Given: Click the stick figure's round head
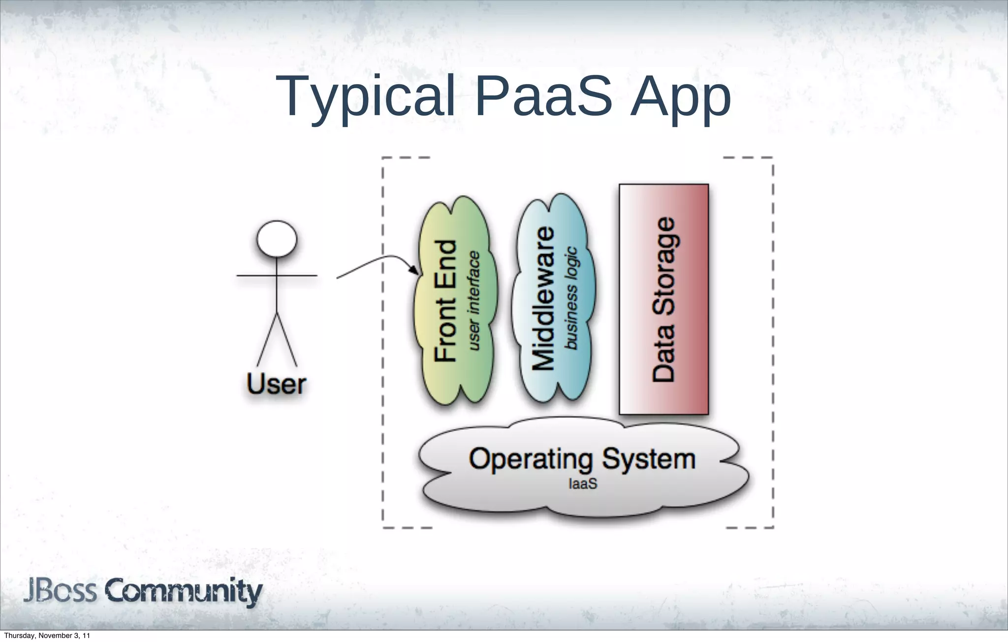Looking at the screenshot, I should click(277, 239).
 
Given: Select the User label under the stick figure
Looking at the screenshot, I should click(276, 385).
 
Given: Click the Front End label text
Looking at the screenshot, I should click(446, 301).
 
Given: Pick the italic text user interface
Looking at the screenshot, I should click(473, 301).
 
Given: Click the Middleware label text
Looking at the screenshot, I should click(544, 298).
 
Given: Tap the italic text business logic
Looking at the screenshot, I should click(571, 298).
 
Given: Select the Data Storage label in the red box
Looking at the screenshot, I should click(663, 299).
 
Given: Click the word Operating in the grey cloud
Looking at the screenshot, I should click(531, 460).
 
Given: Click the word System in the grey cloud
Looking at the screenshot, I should click(649, 459).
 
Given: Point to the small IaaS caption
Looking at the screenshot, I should click(583, 484).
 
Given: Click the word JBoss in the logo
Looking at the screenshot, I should click(60, 591).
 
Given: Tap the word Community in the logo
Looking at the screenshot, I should click(183, 592).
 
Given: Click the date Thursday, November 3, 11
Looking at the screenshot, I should click(47, 636).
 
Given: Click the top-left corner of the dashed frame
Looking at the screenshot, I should click(383, 158).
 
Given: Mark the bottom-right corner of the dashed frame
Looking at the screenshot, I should click(773, 527).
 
